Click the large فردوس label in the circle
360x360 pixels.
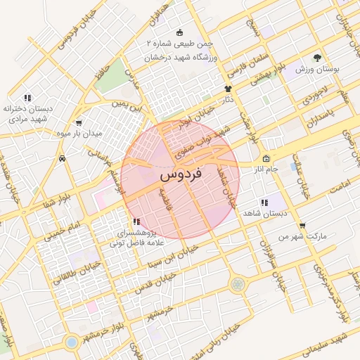point(181,173)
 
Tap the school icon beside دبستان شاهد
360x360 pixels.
point(264,202)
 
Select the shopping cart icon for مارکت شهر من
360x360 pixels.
point(302,226)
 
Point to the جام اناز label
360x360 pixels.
point(267,169)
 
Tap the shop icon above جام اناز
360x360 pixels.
point(266,158)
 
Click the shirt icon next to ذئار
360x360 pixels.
point(228,89)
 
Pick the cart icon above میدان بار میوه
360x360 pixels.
point(79,122)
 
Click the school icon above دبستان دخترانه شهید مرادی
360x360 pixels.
point(27,98)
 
